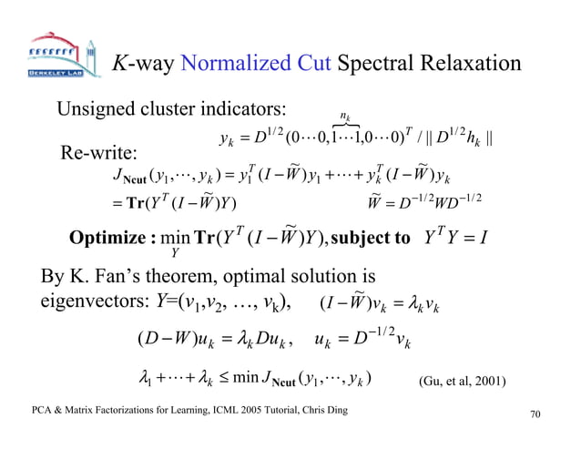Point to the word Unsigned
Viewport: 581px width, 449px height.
pyautogui.click(x=97, y=111)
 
